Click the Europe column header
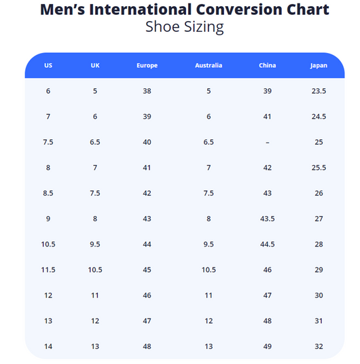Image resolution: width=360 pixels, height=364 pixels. pyautogui.click(x=147, y=65)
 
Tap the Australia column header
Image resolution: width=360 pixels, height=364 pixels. pyautogui.click(x=209, y=65)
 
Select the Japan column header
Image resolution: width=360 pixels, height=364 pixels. pyautogui.click(x=319, y=66)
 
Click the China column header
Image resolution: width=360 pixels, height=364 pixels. pyautogui.click(x=268, y=65)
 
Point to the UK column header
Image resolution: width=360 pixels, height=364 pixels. pyautogui.click(x=95, y=65)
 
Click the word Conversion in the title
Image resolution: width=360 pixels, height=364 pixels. pyautogui.click(x=239, y=10)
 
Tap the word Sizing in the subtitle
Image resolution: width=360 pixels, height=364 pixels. pyautogui.click(x=204, y=27)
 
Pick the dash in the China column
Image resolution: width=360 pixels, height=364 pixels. pyautogui.click(x=268, y=143)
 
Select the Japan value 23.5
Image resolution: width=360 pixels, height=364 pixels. pyautogui.click(x=319, y=91)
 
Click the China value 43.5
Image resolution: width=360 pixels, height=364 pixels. pyautogui.click(x=268, y=219)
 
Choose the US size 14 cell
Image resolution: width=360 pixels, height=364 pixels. pyautogui.click(x=48, y=346)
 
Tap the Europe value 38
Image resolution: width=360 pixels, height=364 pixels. pyautogui.click(x=147, y=91)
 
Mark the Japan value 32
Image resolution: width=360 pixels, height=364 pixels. pyautogui.click(x=319, y=346)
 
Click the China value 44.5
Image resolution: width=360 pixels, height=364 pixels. pyautogui.click(x=268, y=244)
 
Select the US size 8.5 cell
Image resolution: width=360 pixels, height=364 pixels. pyautogui.click(x=48, y=193)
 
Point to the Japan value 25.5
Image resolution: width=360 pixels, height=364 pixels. pyautogui.click(x=319, y=168)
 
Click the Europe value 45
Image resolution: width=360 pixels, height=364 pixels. pyautogui.click(x=147, y=270)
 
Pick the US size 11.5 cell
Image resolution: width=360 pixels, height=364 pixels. pyautogui.click(x=48, y=270)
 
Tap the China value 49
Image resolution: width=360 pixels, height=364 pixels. pyautogui.click(x=268, y=346)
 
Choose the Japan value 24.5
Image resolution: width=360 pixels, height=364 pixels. pyautogui.click(x=319, y=117)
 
